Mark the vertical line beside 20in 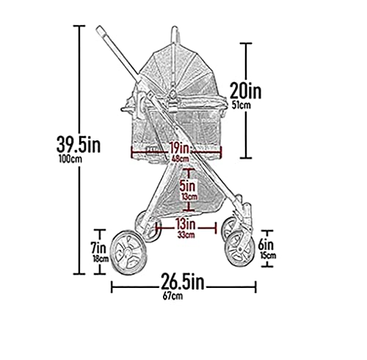coord(247,101)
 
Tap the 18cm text coord(100,258)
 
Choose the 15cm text coord(268,256)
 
